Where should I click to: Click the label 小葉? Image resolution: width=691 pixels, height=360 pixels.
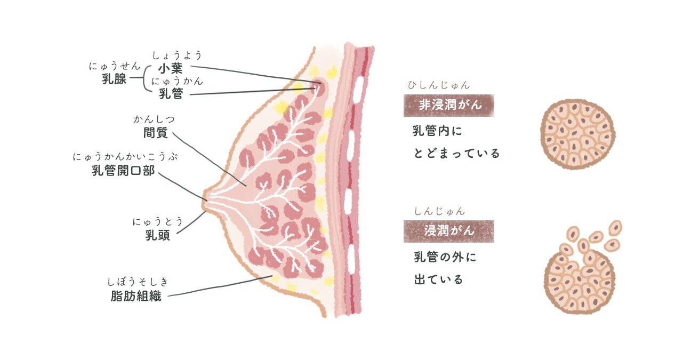point(170,68)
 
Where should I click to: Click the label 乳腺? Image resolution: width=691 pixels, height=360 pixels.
point(114,79)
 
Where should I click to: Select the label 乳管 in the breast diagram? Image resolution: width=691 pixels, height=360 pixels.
point(171,93)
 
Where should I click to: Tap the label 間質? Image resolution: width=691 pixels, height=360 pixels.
point(156,133)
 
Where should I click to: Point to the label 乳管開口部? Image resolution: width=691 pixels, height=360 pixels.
point(123,170)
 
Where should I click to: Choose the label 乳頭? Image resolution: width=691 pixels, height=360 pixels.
point(158,235)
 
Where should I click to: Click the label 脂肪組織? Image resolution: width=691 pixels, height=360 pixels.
point(136,296)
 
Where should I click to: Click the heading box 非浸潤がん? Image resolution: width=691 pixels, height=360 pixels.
point(449,106)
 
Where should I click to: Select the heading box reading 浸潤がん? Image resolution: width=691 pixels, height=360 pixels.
point(449,231)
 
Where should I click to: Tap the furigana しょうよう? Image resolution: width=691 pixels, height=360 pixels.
point(177,55)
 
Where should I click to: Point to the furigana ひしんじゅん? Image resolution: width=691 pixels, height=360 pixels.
point(439,85)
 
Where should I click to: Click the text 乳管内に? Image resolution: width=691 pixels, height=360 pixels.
point(437,131)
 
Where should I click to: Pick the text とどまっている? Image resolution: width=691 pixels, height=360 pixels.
point(456,153)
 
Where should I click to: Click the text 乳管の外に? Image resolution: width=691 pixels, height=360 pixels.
point(445,257)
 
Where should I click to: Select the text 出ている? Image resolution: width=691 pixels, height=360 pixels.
point(438,279)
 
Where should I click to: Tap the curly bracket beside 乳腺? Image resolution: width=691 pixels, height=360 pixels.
point(146,78)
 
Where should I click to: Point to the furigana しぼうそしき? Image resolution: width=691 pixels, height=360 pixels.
point(138,282)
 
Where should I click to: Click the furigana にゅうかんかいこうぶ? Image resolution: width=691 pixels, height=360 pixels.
point(125,157)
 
